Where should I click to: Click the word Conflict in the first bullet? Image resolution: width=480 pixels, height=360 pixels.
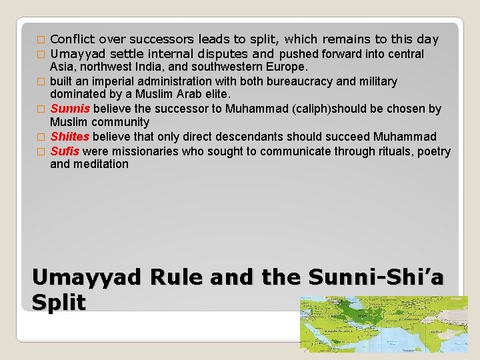[x=71, y=39]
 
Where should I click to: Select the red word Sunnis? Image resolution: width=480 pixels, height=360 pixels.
[x=71, y=109]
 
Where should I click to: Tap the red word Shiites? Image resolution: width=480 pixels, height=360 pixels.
[x=70, y=137]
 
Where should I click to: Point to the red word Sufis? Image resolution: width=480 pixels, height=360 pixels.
[x=65, y=151]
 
